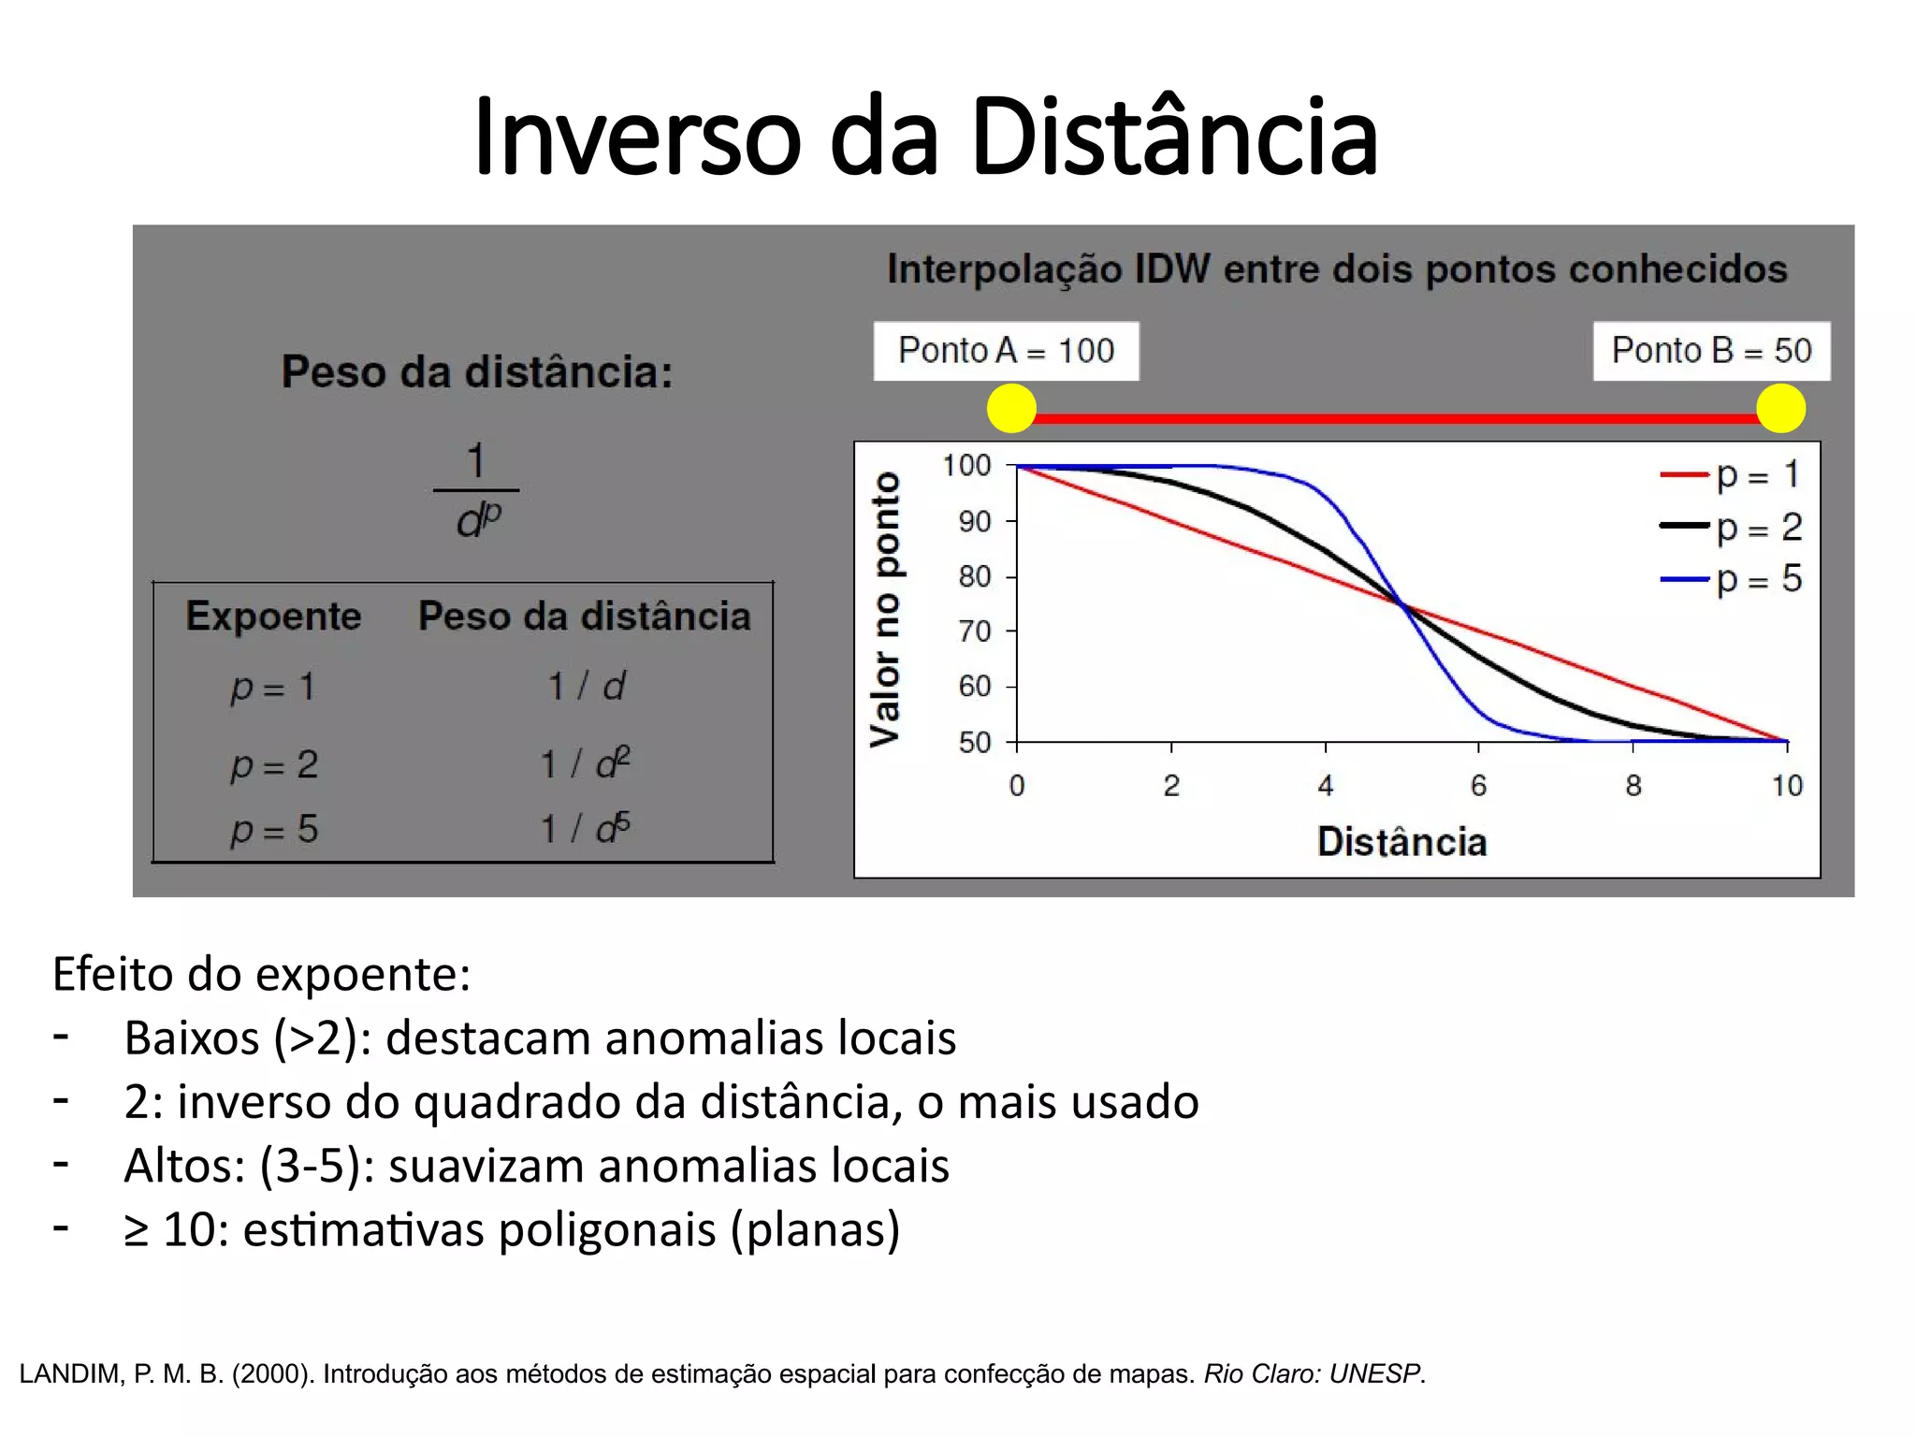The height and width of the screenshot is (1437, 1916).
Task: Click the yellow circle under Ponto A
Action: [1011, 409]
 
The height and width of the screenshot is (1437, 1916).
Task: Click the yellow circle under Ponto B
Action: [1780, 409]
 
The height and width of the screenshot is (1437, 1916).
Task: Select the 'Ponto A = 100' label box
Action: [1006, 351]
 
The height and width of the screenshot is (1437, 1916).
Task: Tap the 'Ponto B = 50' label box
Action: [1711, 351]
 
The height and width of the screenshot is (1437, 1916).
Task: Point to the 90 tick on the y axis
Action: [974, 521]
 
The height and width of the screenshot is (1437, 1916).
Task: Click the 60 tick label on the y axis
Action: [974, 687]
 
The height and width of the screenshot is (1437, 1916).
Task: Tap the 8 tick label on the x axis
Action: [1633, 786]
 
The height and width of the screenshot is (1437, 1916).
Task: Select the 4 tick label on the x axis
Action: [1326, 786]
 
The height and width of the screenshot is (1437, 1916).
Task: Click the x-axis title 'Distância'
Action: [1401, 842]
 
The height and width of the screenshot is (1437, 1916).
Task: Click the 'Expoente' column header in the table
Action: [273, 617]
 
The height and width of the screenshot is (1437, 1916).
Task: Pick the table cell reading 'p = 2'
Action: [274, 765]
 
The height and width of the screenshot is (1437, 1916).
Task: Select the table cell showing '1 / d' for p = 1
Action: [586, 687]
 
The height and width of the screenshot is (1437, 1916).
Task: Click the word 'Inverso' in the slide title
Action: [637, 137]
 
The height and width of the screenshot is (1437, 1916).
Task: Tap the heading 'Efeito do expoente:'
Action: [261, 974]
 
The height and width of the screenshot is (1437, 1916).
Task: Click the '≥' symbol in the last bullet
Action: [137, 1230]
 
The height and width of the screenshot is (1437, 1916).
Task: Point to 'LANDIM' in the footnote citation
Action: [71, 1373]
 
